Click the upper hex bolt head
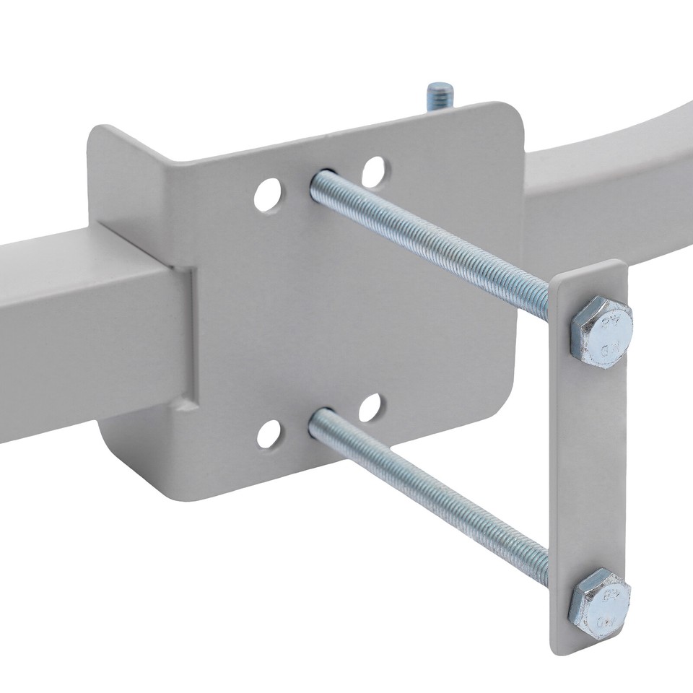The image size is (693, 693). point(601,332)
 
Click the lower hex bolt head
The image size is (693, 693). point(599,602)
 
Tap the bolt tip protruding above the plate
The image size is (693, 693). point(440,95)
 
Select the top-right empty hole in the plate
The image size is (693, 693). point(374,173)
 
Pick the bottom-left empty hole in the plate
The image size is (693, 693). point(269,434)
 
